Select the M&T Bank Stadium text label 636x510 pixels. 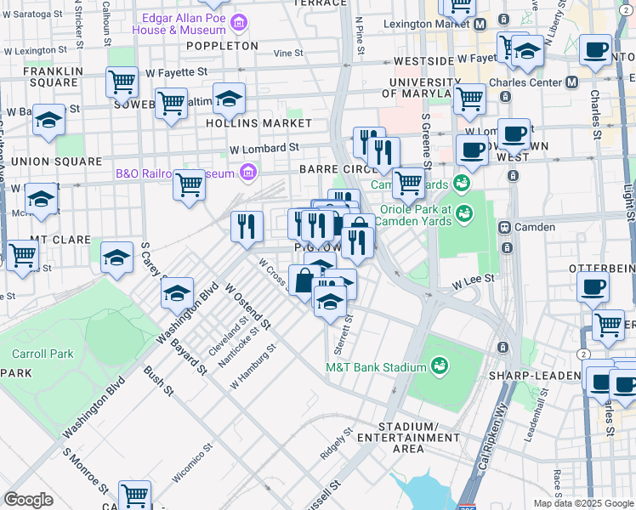375,367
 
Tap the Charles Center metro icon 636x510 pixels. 571,83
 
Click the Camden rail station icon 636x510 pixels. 503,228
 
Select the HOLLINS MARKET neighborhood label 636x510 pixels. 258,122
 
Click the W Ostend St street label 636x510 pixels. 247,307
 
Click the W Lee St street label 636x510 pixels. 473,278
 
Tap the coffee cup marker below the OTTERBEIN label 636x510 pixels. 593,287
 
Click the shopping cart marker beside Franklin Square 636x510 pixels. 122,82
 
